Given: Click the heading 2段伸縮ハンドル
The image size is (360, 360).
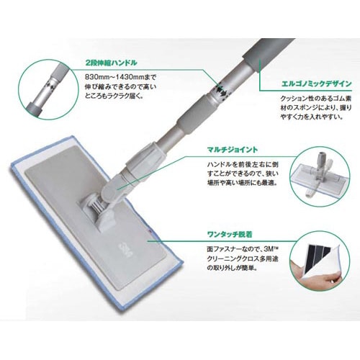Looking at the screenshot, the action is coord(112,63).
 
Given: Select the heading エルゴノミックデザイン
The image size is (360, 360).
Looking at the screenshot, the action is coord(317,84).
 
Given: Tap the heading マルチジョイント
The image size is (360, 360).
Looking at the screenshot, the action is coord(233,150).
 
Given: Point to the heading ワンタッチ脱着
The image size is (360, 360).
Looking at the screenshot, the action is coord(230,234).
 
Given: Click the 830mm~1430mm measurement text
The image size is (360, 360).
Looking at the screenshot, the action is coord(114,77).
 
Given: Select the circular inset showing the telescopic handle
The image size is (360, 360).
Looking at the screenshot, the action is coord(48,89).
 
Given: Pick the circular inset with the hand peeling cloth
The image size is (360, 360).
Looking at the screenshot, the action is coord(319,261).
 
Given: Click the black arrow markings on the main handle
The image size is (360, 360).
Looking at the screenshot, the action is coord(222,91).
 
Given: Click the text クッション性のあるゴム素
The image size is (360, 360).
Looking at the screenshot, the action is coord(316,99).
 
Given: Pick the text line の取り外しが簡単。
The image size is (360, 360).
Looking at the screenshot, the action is coord(232,268).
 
